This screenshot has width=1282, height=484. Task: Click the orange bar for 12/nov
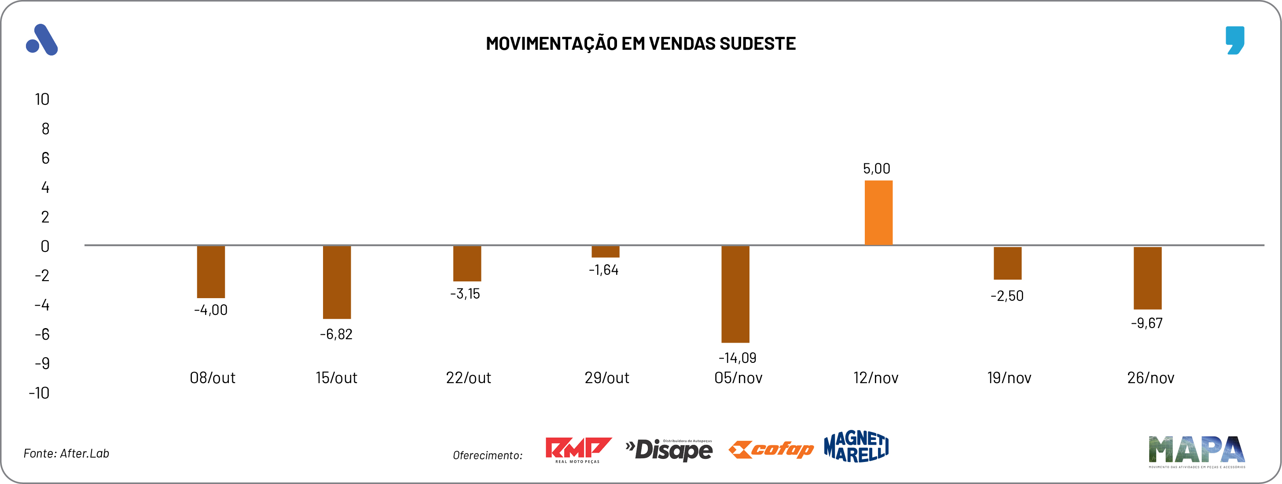pos(878,213)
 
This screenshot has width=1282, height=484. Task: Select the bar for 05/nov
pos(735,294)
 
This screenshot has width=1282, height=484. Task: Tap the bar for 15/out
pos(337,282)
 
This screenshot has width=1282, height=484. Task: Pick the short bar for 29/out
pos(605,251)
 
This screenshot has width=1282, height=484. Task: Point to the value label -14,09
pos(737,358)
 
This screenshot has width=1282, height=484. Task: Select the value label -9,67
pos(1146,323)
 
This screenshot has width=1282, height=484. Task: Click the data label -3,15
pos(465,294)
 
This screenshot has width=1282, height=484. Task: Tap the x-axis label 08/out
pos(213,378)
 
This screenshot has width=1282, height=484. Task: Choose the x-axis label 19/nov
pos(1009,378)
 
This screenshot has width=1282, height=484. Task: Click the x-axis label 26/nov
pos(1150,378)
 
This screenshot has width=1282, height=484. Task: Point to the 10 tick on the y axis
pos(42,100)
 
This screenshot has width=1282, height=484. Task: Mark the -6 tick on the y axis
pos(42,334)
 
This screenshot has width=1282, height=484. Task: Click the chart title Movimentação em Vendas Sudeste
pos(640,44)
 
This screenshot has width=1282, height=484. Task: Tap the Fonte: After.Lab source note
pos(66,453)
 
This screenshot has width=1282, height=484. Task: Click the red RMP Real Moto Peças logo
pos(577,450)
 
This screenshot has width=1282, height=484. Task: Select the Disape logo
pos(669,450)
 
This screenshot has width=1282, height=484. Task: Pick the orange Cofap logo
pos(771,450)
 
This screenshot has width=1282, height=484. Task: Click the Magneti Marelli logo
pos(856,447)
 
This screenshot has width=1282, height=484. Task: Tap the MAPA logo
pos(1196,451)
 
